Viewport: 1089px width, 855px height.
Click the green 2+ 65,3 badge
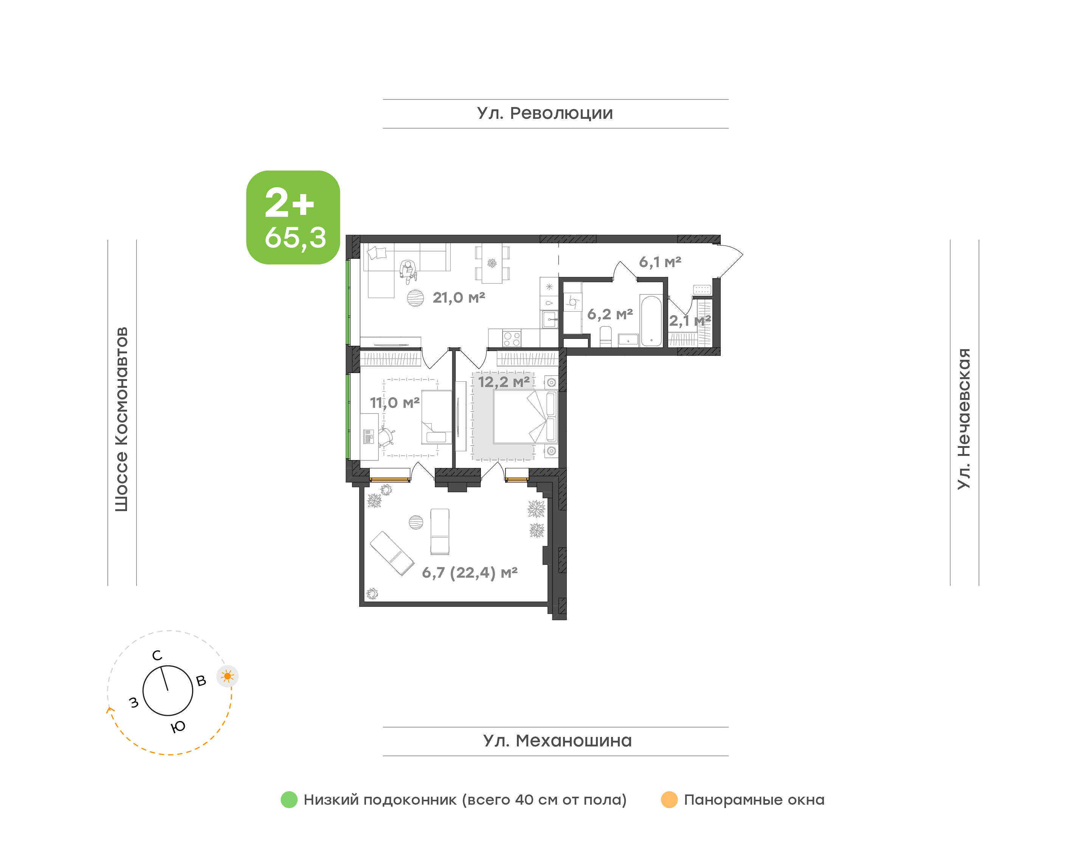293,217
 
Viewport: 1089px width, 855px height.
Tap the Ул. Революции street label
545,113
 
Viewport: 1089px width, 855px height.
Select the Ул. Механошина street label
557,741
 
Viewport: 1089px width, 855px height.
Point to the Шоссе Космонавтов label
121,420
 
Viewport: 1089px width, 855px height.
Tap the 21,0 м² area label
459,298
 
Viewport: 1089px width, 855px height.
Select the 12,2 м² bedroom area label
504,382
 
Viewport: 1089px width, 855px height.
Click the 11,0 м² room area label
395,403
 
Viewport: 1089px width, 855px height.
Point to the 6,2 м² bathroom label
610,314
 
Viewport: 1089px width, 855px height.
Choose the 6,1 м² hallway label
660,262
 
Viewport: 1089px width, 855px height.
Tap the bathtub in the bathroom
651,321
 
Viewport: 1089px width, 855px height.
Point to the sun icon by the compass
228,676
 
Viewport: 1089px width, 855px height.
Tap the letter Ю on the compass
178,727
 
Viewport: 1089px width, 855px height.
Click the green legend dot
289,799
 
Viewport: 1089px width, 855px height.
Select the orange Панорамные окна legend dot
669,799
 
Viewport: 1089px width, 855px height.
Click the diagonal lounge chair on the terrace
392,553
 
